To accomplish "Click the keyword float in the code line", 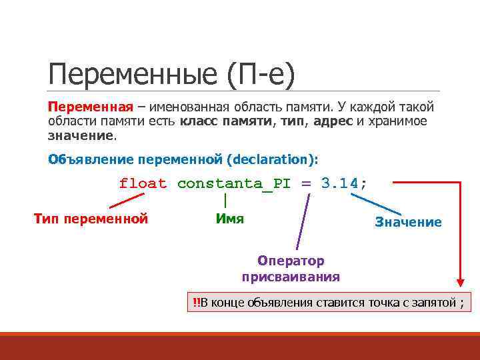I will [x=143, y=183].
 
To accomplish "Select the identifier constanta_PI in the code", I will [x=233, y=183].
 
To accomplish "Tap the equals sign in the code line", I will [x=306, y=183].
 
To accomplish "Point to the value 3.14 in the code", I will [x=339, y=183].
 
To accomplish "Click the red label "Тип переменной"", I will [x=91, y=219].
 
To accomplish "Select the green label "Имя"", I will [x=230, y=219].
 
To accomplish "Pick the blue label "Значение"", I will [x=408, y=222].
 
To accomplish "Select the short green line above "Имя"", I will [x=226, y=200].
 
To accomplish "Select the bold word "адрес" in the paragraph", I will [x=333, y=121].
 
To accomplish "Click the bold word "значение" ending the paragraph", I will [x=81, y=135].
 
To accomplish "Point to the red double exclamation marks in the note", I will [x=196, y=303].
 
